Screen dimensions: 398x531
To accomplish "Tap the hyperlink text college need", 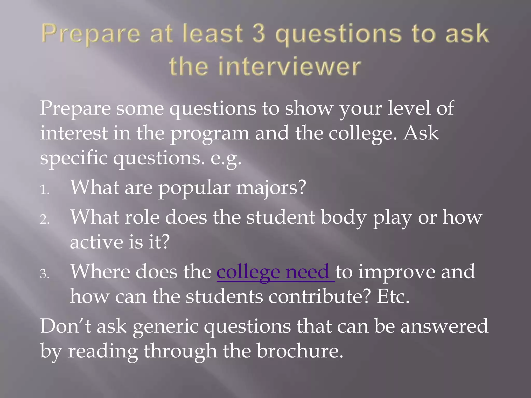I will click(275, 272).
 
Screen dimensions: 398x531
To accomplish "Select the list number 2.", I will click(44, 220).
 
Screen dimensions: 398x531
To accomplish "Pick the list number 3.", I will click(44, 274).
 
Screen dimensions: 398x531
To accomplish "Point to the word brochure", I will click(300, 351).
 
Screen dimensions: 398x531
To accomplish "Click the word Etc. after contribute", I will click(393, 297).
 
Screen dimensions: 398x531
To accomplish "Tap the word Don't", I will click(66, 326).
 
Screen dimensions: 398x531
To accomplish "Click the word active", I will click(96, 242).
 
